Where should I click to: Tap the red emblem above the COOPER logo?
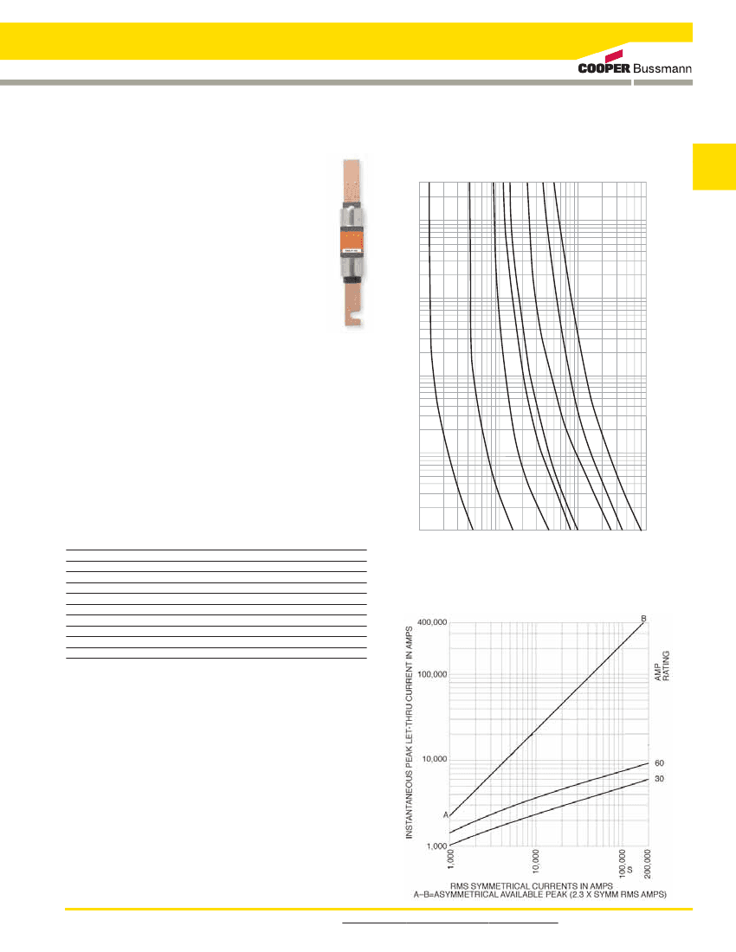[620, 54]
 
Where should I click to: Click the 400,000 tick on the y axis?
[428, 622]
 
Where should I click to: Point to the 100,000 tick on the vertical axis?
[428, 673]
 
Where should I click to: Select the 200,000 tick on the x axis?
[649, 865]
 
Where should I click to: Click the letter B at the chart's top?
[643, 618]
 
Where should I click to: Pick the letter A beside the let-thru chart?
[446, 815]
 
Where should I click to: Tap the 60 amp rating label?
[659, 763]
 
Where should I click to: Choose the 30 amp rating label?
[659, 779]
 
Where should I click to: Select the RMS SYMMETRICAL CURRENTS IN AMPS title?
[537, 885]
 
